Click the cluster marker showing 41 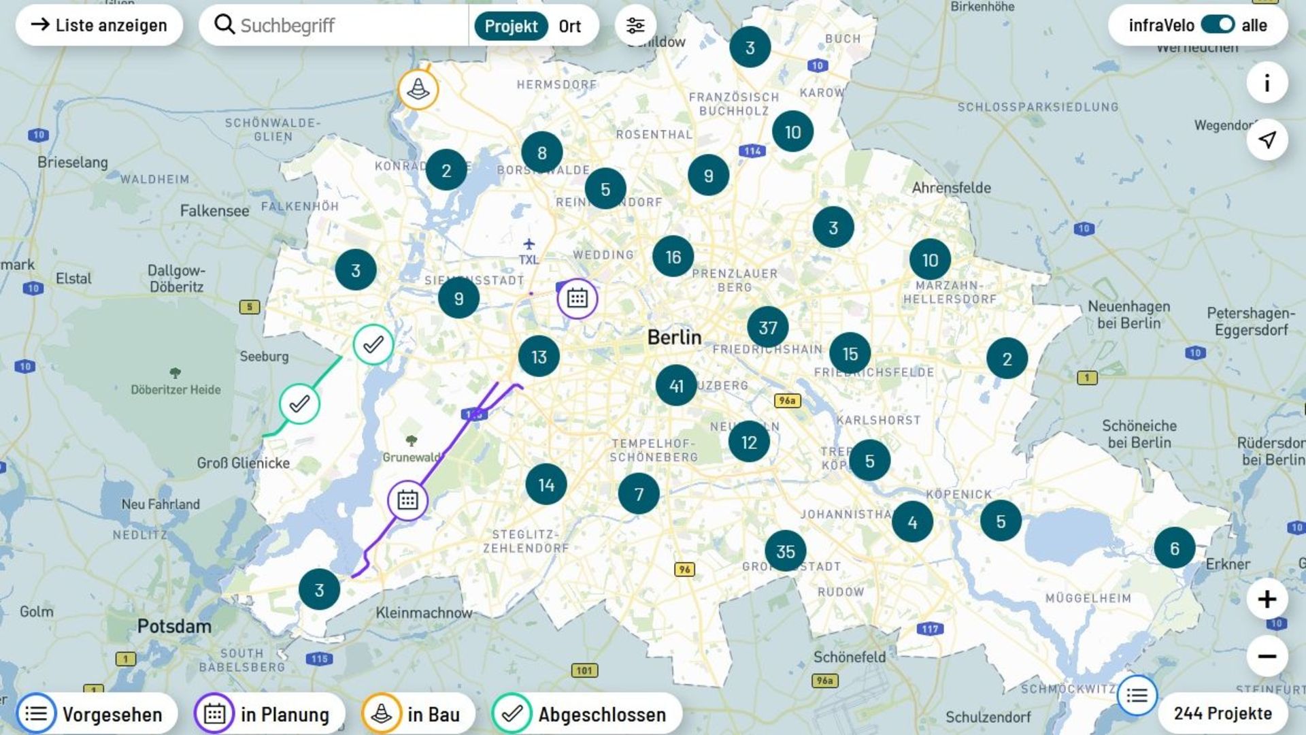point(675,386)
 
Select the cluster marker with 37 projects point(767,327)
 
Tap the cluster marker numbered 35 point(785,551)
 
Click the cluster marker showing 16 point(673,257)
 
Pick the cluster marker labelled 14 point(546,485)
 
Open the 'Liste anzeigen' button point(99,25)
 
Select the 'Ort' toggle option point(570,26)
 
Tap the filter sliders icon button point(635,25)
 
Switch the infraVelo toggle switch point(1218,25)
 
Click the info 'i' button point(1267,83)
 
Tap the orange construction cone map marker point(418,89)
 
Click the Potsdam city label point(174,626)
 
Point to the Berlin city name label point(674,337)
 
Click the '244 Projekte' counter point(1222,713)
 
